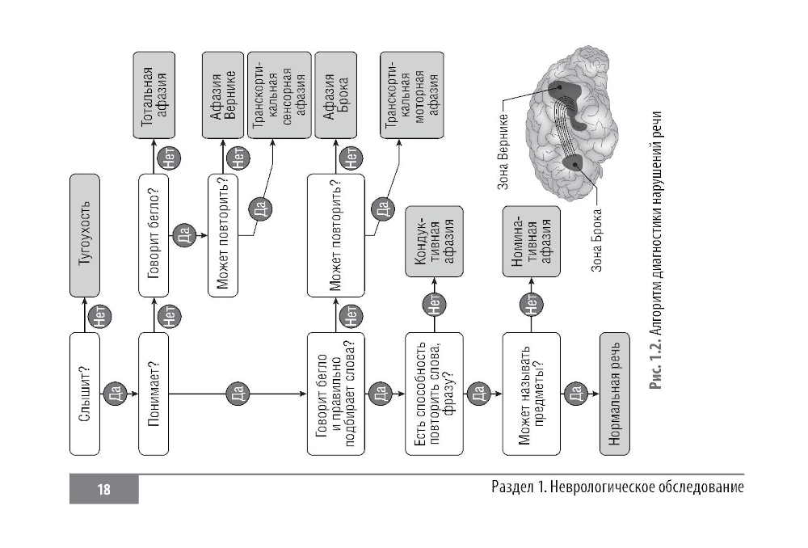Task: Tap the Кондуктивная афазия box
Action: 433,243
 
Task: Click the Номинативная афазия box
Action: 531,243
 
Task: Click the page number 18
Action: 103,489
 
